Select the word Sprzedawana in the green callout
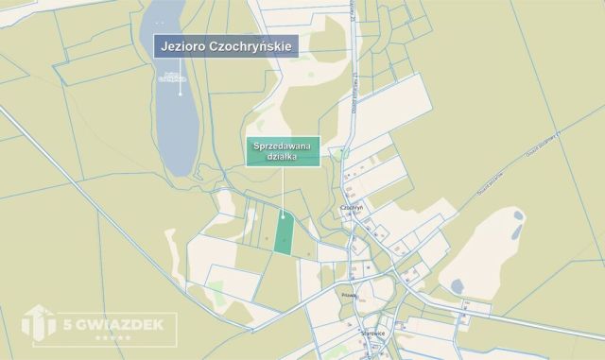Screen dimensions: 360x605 pos(284,146)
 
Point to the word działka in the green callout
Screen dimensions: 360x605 pos(284,158)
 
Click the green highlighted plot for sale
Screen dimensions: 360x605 pos(284,231)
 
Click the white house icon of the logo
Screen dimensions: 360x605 pos(35,323)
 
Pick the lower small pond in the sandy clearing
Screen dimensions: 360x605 pos(457,283)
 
